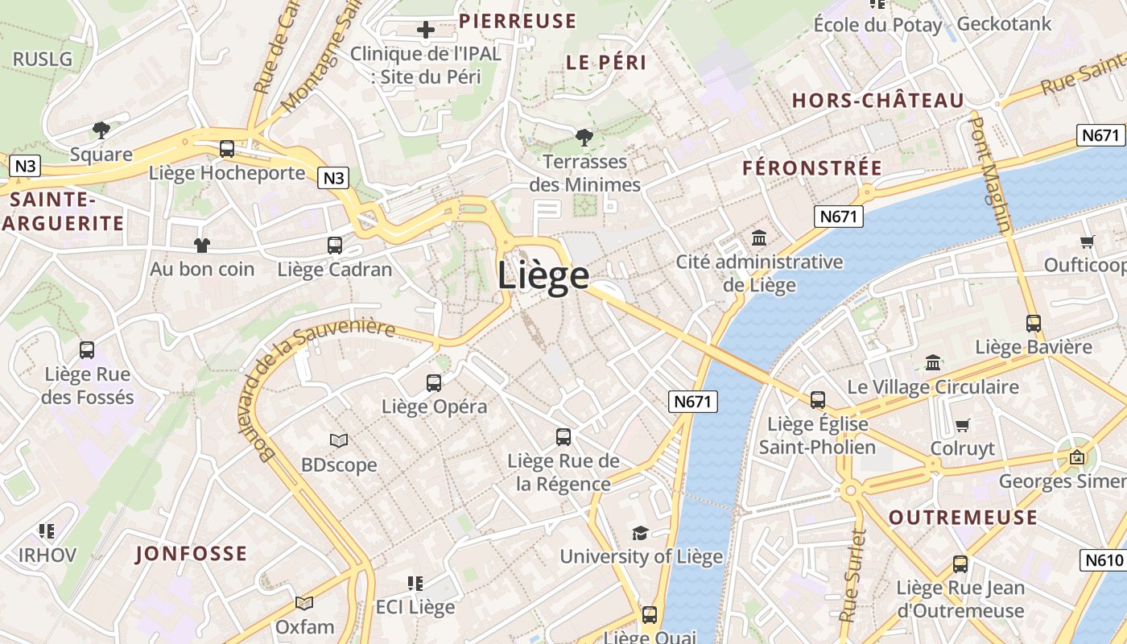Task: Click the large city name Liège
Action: tap(543, 275)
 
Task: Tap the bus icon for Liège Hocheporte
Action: tap(227, 149)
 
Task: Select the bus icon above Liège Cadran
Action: tap(334, 246)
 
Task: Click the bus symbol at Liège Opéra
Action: tap(434, 383)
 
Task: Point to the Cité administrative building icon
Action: tap(759, 238)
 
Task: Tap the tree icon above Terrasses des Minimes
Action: tap(584, 138)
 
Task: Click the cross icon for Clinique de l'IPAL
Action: tap(426, 31)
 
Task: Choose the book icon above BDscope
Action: tap(339, 441)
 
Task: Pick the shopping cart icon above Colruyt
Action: tap(962, 425)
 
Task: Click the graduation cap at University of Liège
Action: tap(641, 533)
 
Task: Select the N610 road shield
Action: tap(1103, 559)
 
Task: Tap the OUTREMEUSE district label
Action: tap(963, 518)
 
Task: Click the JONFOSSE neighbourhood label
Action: tap(191, 554)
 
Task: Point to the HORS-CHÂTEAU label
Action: tap(877, 101)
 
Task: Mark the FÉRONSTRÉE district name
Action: tap(812, 168)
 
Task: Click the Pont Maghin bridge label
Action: tap(989, 174)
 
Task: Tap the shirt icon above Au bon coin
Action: tap(201, 246)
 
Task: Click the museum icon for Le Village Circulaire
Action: tap(933, 363)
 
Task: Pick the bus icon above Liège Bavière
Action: tap(1034, 324)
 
